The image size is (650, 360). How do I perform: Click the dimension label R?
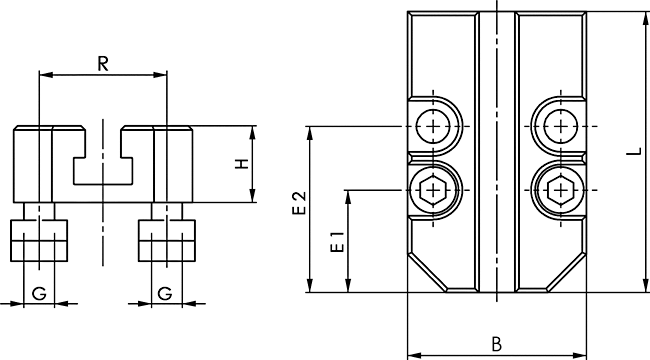103,64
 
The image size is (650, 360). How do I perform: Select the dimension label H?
242,164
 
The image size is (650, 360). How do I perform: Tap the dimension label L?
633,152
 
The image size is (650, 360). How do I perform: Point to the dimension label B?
497,344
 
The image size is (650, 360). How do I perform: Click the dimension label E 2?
299,203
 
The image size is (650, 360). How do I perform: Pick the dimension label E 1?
337,242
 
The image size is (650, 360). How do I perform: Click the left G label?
39,294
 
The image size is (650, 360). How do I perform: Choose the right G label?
165,294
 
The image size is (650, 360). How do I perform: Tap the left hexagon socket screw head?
433,190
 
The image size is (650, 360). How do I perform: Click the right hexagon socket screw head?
560,190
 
